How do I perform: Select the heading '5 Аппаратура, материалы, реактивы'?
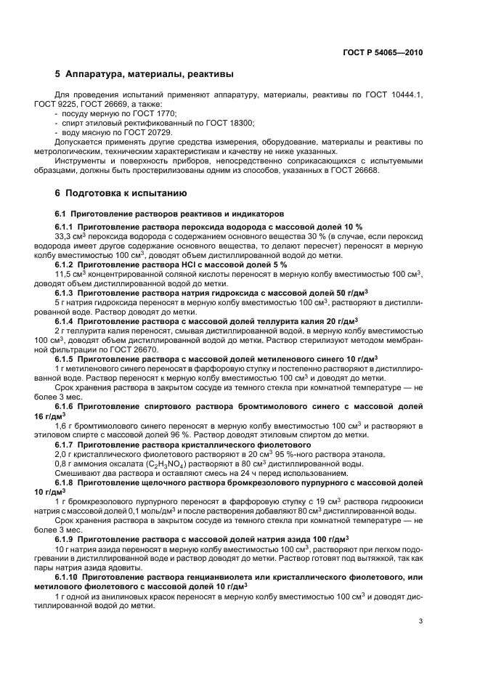[145, 74]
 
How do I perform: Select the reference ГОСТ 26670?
[143, 350]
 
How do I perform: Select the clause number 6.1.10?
[71, 577]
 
